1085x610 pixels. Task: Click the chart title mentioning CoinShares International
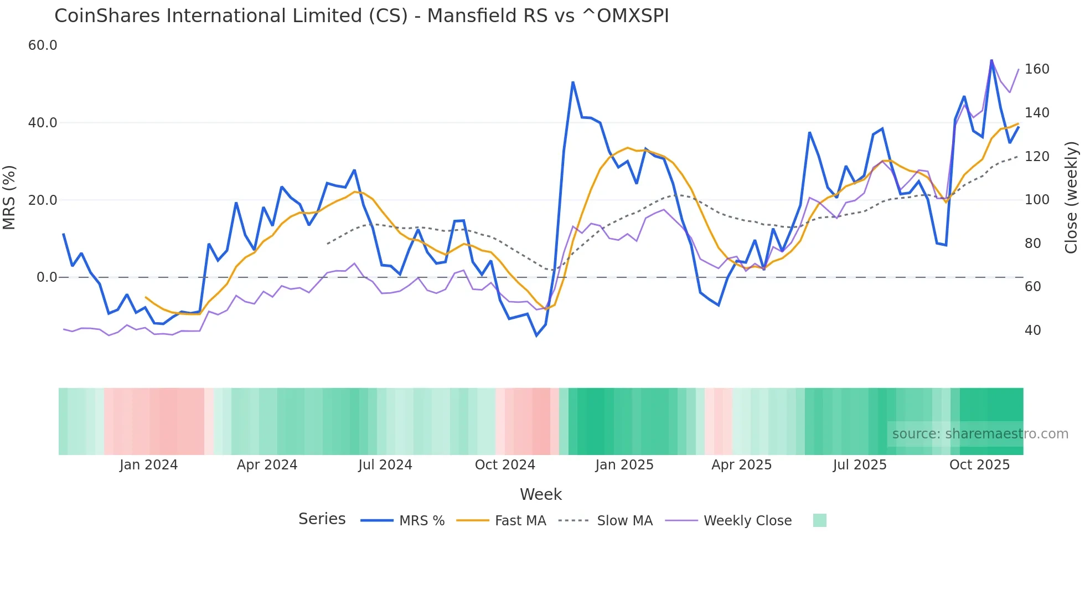point(361,16)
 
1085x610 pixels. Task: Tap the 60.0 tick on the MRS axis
point(43,45)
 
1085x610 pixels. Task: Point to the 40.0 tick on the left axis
point(43,123)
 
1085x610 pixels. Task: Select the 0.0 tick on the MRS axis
point(46,277)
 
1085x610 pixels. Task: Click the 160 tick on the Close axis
point(1037,69)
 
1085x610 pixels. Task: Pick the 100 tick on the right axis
point(1037,200)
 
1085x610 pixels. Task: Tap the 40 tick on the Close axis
point(1033,330)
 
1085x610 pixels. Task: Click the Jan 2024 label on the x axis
point(148,465)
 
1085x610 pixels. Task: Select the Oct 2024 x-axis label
point(505,465)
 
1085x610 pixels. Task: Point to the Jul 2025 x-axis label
point(860,465)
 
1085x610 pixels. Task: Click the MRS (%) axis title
point(9,197)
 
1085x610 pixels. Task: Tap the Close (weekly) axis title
point(1072,197)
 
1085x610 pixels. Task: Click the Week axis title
point(541,494)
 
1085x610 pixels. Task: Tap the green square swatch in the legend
point(820,520)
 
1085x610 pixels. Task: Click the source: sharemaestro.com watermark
point(980,434)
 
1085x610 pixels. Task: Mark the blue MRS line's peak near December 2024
point(573,82)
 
